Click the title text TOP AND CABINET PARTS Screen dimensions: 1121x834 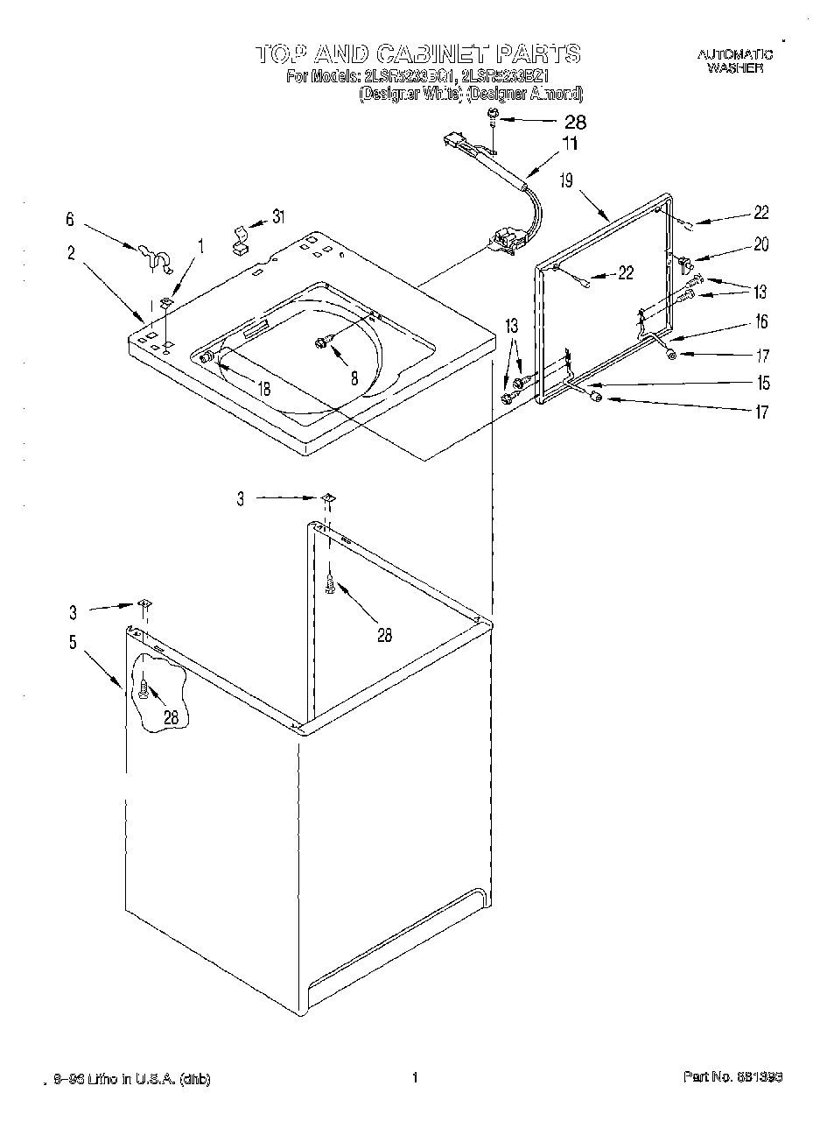[417, 53]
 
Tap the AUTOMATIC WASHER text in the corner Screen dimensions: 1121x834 [734, 60]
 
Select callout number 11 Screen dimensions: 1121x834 [570, 145]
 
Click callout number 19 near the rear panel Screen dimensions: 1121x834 [566, 181]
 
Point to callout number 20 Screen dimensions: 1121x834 [760, 245]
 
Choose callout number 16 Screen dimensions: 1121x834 [761, 322]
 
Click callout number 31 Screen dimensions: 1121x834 [278, 216]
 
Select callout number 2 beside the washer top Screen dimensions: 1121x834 [71, 254]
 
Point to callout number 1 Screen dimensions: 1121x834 [200, 248]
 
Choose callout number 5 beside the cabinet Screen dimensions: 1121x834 [72, 643]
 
